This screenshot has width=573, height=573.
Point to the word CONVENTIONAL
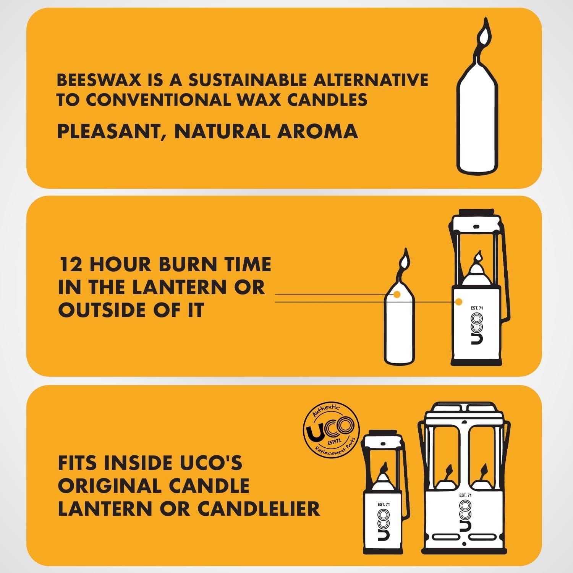pos(158,100)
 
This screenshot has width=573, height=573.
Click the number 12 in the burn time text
pos(71,264)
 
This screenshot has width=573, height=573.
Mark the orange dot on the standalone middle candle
pos(397,295)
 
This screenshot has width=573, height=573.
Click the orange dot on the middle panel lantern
pos(459,302)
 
